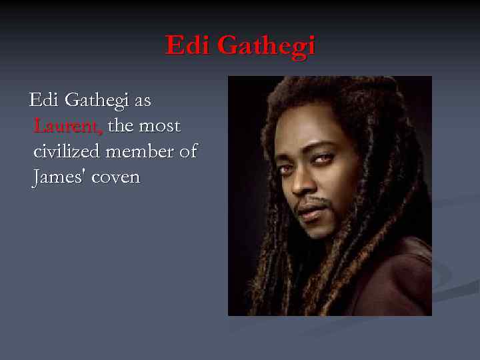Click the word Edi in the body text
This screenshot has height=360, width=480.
pyautogui.click(x=44, y=101)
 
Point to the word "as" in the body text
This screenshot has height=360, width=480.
pyautogui.click(x=143, y=101)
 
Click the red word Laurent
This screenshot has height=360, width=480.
pyautogui.click(x=68, y=126)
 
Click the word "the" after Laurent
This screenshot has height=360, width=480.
pyautogui.click(x=120, y=126)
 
